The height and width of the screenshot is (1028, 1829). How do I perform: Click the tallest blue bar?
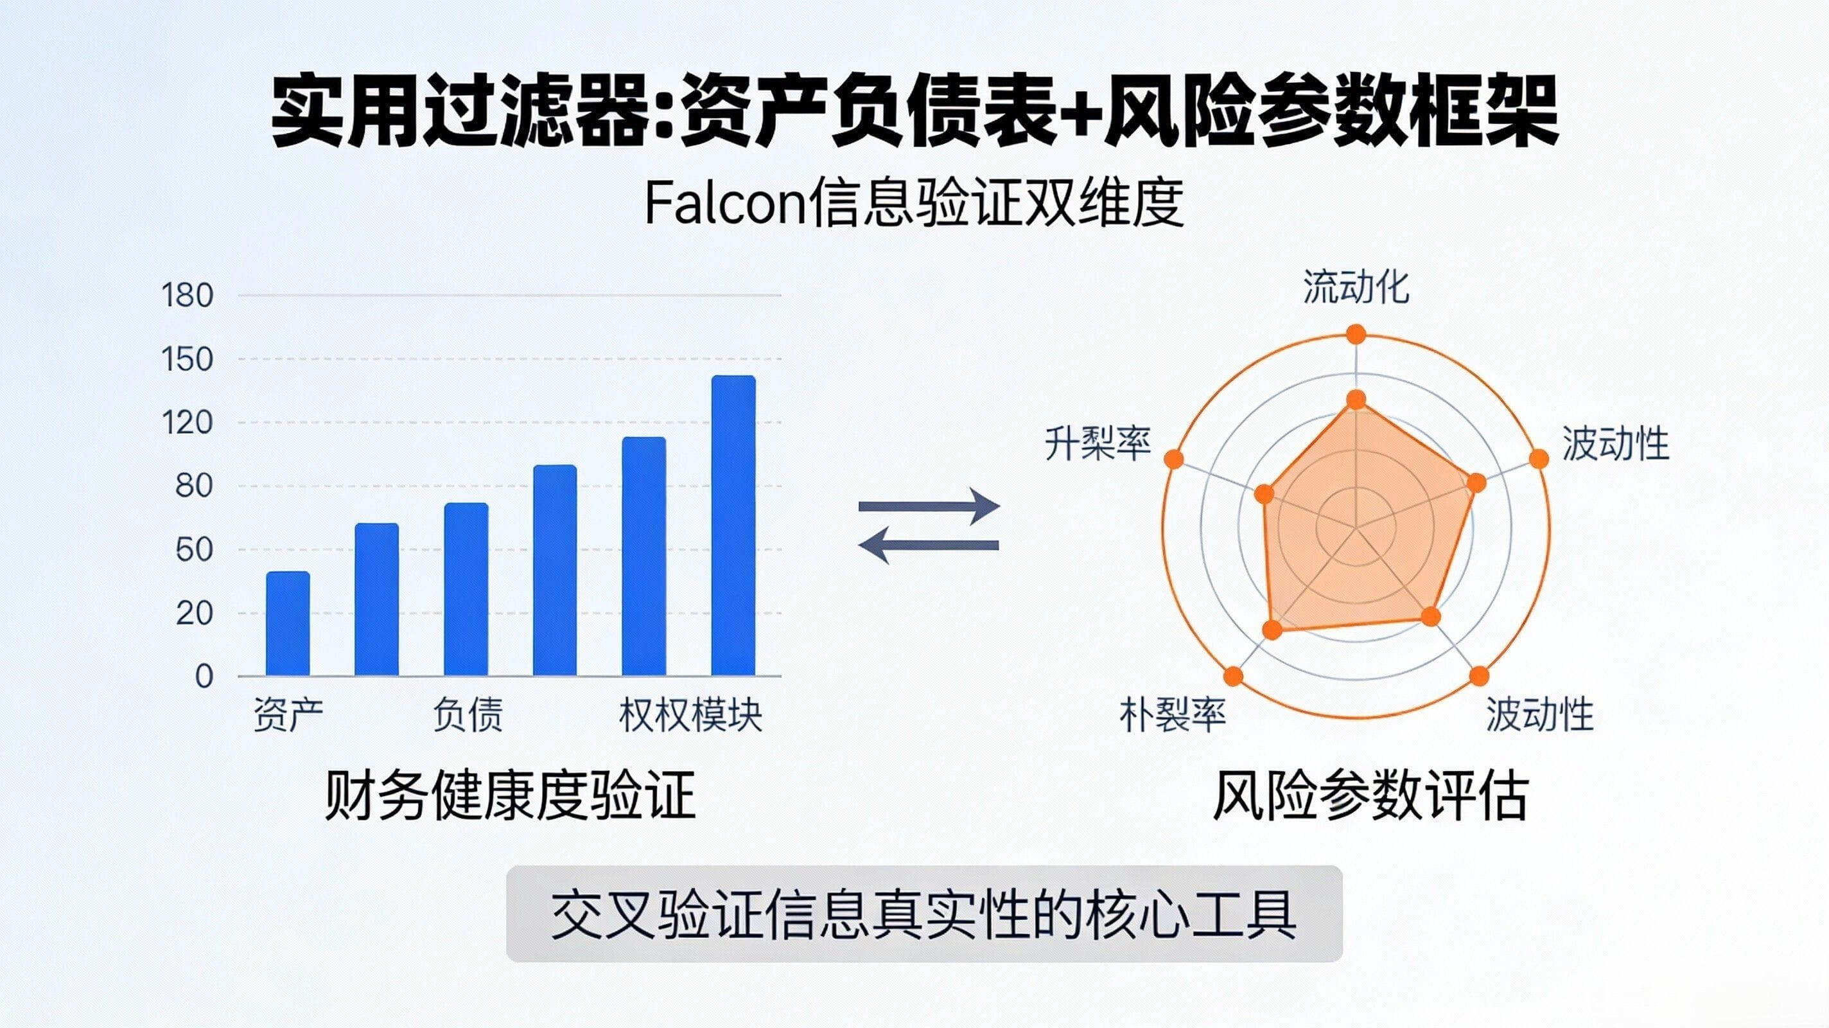[x=733, y=526]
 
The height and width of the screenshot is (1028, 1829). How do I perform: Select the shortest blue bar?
[x=288, y=624]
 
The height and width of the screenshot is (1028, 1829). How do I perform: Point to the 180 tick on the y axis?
[x=188, y=296]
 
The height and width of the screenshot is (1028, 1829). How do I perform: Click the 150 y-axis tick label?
[x=188, y=360]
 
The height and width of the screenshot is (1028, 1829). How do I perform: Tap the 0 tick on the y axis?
[x=204, y=677]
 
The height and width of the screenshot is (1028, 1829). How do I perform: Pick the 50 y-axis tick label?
[x=194, y=550]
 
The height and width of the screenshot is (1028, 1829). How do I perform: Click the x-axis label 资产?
[x=288, y=714]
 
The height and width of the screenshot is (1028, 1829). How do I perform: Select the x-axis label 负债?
[x=467, y=714]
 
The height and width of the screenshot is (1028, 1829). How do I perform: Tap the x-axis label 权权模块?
[x=690, y=714]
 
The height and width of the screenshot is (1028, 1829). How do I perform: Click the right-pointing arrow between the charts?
[x=929, y=506]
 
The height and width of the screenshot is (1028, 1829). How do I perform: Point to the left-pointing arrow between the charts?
[x=929, y=545]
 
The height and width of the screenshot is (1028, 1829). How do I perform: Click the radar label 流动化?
[x=1356, y=288]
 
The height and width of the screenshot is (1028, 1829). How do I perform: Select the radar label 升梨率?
[x=1097, y=444]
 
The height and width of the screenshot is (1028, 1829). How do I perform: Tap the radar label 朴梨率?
[x=1172, y=714]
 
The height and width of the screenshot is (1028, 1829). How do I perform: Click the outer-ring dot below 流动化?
[x=1356, y=334]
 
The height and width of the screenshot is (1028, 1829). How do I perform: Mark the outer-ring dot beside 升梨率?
[x=1175, y=459]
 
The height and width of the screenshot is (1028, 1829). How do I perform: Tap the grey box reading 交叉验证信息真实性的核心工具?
[x=923, y=914]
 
